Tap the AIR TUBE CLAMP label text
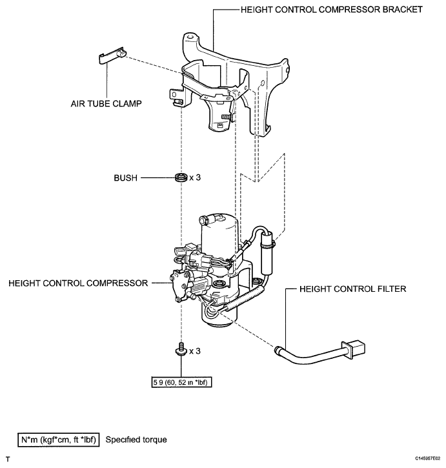tap(106, 102)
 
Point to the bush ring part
tap(181, 176)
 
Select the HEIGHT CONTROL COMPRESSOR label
tap(78, 283)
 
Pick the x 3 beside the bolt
tap(196, 352)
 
